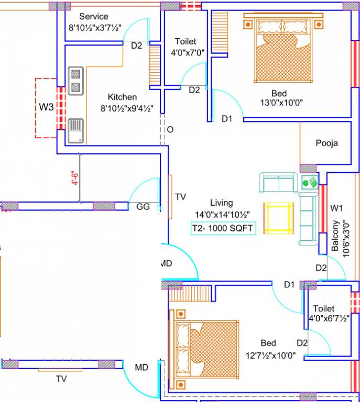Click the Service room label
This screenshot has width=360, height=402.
[x=94, y=17]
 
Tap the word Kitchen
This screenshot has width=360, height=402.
[x=122, y=97]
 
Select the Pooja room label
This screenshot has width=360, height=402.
[x=326, y=143]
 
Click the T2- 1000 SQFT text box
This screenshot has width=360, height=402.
[x=223, y=228]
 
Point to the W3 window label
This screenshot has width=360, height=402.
[x=47, y=107]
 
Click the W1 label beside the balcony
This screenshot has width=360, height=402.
[x=336, y=208]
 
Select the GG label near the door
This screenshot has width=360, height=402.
[x=143, y=207]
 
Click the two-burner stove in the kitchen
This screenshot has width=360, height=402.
[x=75, y=81]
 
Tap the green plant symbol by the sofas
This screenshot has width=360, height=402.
[x=309, y=183]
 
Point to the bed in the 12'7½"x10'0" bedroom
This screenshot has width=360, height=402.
[x=206, y=347]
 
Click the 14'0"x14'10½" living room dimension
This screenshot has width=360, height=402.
[x=222, y=214]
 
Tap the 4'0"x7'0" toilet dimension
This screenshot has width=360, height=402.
[x=188, y=52]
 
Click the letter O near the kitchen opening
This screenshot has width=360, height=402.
[x=169, y=129]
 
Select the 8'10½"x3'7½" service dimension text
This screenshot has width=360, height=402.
[x=94, y=28]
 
